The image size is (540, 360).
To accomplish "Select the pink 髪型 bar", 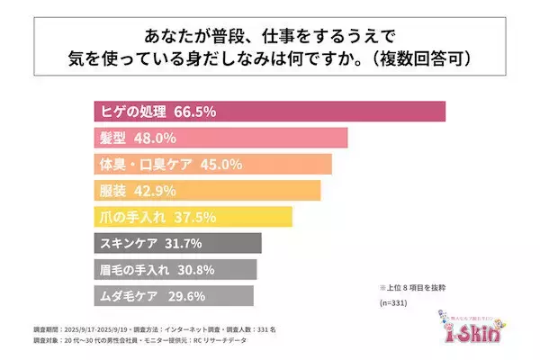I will pyautogui.click(x=270, y=139).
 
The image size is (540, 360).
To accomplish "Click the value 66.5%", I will pyautogui.click(x=196, y=112).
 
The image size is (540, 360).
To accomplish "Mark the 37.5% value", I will pyautogui.click(x=182, y=217).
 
